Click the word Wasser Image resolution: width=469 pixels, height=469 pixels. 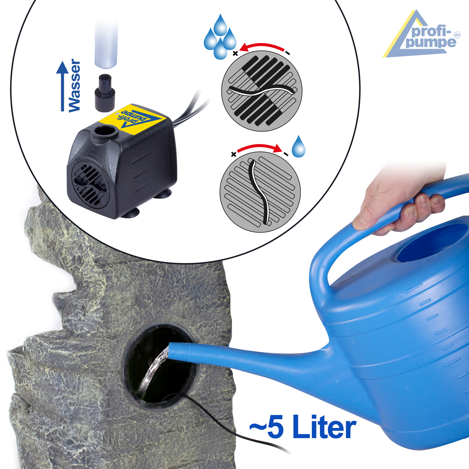point(74,85)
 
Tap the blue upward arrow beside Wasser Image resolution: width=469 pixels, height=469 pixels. point(62,86)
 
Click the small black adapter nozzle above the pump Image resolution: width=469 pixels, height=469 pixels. point(105,93)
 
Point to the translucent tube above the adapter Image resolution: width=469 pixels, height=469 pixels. point(106,44)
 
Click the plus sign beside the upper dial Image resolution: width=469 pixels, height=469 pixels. point(235,53)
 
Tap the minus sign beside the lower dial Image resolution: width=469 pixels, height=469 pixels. point(286,154)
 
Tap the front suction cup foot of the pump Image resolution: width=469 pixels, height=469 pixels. point(131,213)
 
